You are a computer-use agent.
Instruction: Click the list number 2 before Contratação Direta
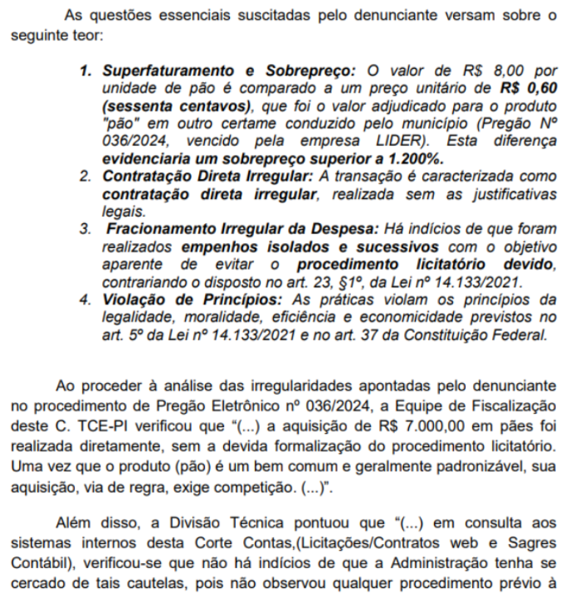pos(85,177)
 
